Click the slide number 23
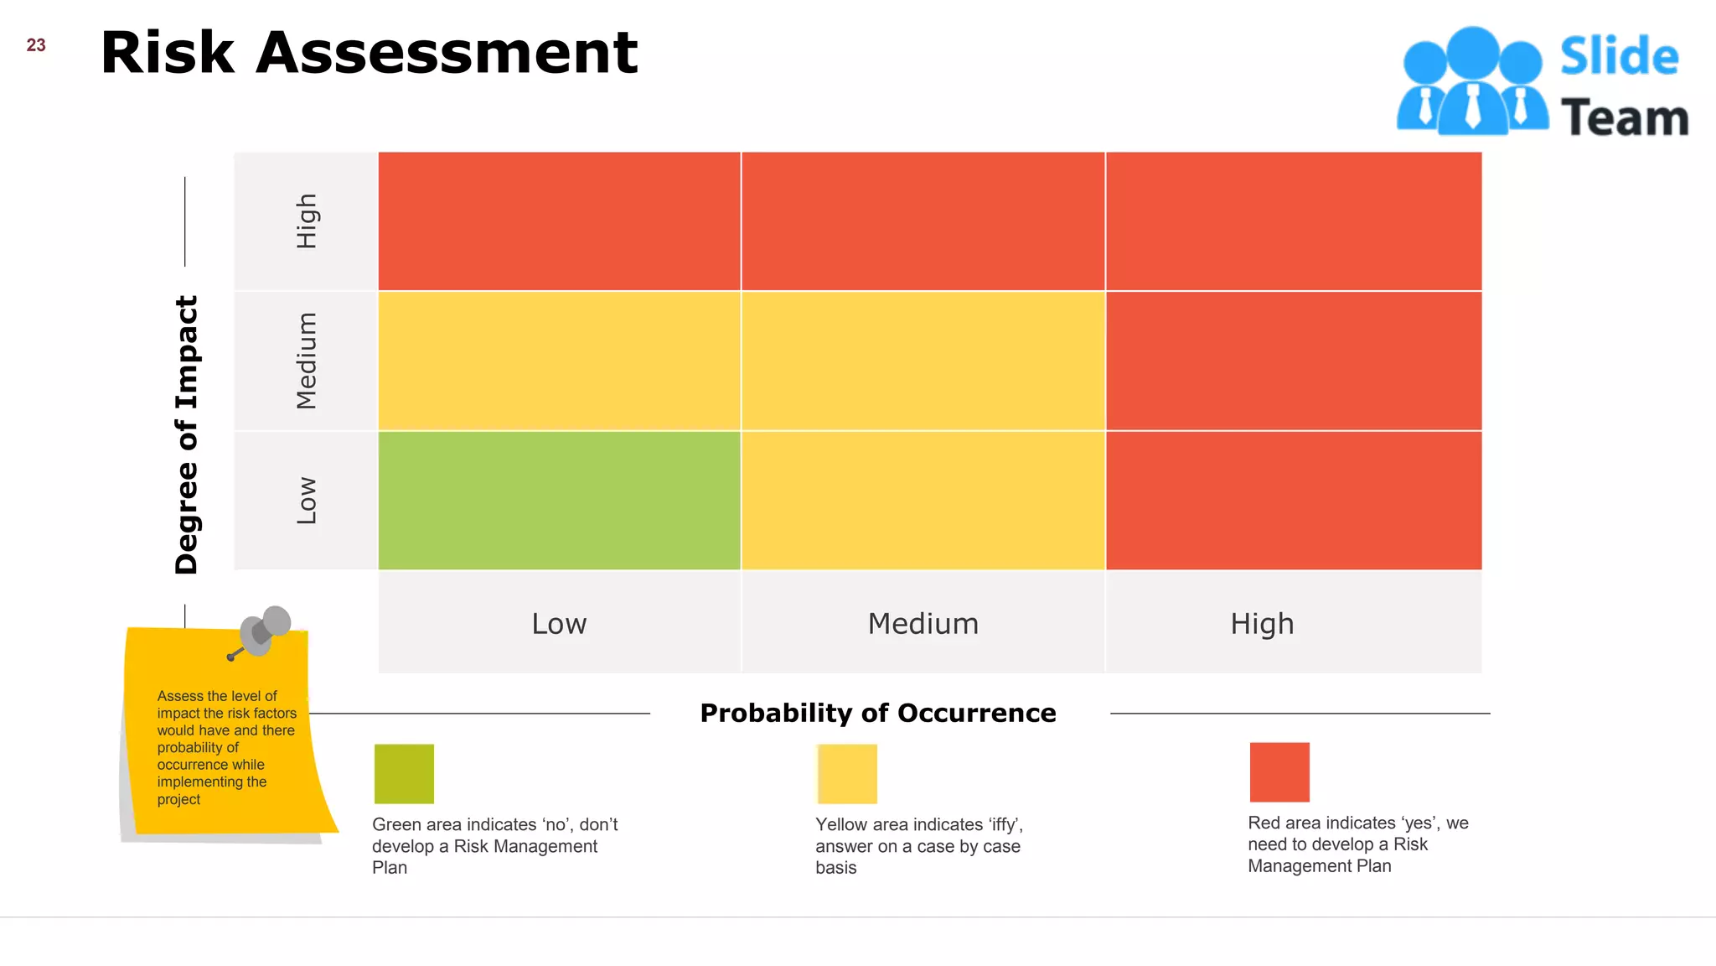(x=36, y=45)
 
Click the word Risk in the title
(x=167, y=53)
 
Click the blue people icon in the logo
(x=1471, y=82)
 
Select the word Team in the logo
(x=1624, y=117)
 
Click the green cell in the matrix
(x=559, y=501)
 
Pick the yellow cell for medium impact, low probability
(x=559, y=361)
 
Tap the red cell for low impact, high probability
(x=1293, y=501)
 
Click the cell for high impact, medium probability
(x=923, y=221)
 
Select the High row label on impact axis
(x=307, y=221)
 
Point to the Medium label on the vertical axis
(x=307, y=361)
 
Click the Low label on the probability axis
(x=559, y=624)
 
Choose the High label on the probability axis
(x=1262, y=624)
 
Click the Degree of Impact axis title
(x=186, y=434)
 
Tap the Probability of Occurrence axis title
(x=877, y=713)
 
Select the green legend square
(x=404, y=773)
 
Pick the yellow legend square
(x=847, y=773)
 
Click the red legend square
(x=1279, y=771)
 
